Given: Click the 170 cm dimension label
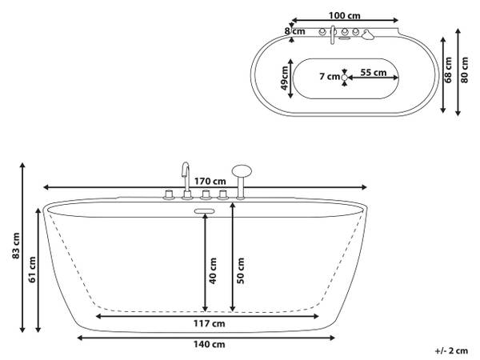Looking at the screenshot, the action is pyautogui.click(x=210, y=182).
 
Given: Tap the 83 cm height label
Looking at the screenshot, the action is pyautogui.click(x=16, y=246).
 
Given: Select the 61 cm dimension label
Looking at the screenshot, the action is pyautogui.click(x=32, y=270).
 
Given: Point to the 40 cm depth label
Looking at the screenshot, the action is pyautogui.click(x=213, y=270).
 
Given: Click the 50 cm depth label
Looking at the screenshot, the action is pyautogui.click(x=241, y=270).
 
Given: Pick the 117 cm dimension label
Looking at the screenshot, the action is pyautogui.click(x=209, y=323).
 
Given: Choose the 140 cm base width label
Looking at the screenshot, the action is pyautogui.click(x=209, y=344).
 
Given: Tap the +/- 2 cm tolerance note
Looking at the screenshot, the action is pyautogui.click(x=451, y=350).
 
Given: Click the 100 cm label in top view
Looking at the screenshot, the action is pyautogui.click(x=344, y=15).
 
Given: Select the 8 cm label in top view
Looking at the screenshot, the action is pyautogui.click(x=294, y=31).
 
